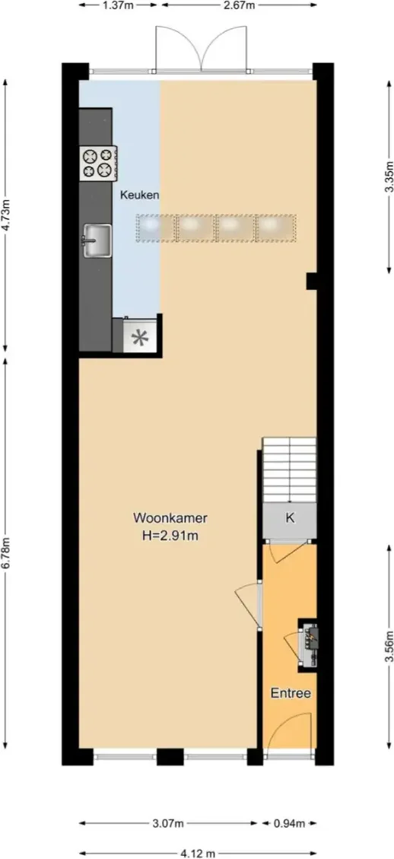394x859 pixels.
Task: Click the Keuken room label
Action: (140, 195)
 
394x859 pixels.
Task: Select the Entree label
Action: (291, 694)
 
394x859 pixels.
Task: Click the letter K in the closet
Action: (290, 518)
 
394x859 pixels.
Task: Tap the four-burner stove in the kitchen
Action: (97, 164)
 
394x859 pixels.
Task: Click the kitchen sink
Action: (97, 240)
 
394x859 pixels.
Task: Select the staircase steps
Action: (289, 470)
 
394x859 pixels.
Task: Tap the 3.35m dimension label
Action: (389, 177)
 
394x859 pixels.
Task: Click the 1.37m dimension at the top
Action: (118, 5)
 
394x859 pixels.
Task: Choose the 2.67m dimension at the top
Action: (239, 5)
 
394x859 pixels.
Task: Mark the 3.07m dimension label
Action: (167, 823)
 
